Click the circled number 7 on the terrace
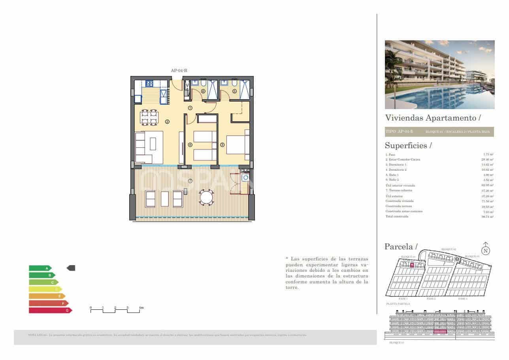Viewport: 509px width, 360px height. click(x=190, y=181)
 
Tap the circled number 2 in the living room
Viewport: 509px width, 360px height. click(x=167, y=122)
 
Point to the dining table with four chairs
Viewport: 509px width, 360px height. click(x=150, y=117)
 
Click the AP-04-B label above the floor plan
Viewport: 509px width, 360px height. click(x=179, y=71)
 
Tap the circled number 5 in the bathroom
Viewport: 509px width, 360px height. click(x=234, y=91)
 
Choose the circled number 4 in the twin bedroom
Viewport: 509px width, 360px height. click(x=190, y=145)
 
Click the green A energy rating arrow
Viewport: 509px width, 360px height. click(x=40, y=268)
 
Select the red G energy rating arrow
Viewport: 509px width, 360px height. click(x=50, y=310)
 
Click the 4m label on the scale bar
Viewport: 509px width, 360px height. click(x=141, y=307)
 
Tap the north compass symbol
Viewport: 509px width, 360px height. click(x=486, y=250)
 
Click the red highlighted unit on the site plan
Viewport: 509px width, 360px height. click(x=411, y=265)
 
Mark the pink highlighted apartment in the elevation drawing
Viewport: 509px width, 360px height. click(x=440, y=332)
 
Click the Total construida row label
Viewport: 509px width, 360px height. click(x=397, y=217)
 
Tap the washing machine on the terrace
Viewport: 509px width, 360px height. click(x=246, y=178)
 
